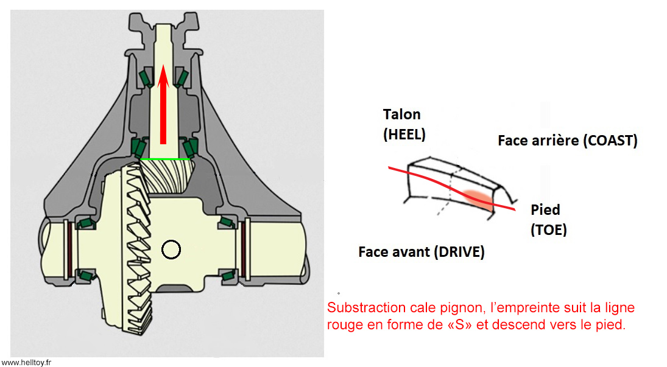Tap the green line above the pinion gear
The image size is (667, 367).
pyautogui.click(x=163, y=159)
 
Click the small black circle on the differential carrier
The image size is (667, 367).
pyautogui.click(x=170, y=249)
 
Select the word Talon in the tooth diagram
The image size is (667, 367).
pyautogui.click(x=402, y=114)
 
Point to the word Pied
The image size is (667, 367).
pyautogui.click(x=545, y=210)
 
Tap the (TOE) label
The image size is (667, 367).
pyautogui.click(x=548, y=230)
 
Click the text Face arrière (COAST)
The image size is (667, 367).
pyautogui.click(x=567, y=141)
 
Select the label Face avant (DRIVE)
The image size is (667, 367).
pyautogui.click(x=422, y=251)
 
